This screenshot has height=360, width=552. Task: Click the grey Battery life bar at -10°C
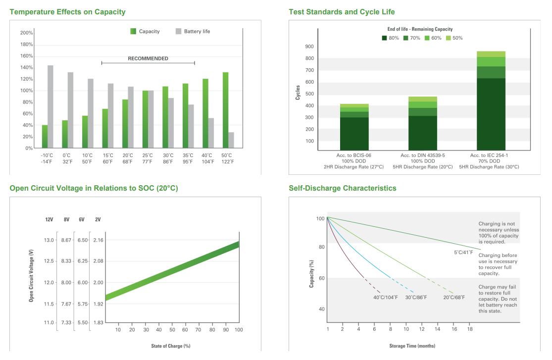(x=50, y=106)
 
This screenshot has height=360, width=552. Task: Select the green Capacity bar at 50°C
(x=225, y=110)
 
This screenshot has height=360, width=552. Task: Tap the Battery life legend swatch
(x=179, y=31)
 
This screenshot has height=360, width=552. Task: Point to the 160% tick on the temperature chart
(x=27, y=56)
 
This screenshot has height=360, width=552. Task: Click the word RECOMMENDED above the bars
(x=148, y=58)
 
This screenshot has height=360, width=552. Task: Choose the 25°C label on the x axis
(x=148, y=155)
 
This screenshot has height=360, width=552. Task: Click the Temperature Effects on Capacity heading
(x=68, y=12)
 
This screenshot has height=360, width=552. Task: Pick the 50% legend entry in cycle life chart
(x=454, y=38)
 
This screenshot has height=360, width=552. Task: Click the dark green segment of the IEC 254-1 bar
(x=491, y=114)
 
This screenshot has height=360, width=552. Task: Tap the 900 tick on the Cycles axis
(x=309, y=47)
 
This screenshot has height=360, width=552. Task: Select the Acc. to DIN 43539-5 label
(x=422, y=155)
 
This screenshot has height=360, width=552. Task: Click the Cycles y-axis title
(x=298, y=92)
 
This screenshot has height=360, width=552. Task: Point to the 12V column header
(x=49, y=219)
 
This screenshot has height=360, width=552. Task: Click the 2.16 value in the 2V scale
(x=98, y=240)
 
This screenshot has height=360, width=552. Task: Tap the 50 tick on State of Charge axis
(x=172, y=330)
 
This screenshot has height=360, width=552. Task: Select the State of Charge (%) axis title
(x=171, y=346)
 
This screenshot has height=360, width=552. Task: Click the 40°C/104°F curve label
(x=386, y=297)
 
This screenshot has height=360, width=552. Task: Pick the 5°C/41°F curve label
(x=464, y=252)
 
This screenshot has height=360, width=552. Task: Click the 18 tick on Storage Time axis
(x=470, y=329)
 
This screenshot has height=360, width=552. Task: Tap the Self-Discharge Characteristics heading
(x=343, y=188)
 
